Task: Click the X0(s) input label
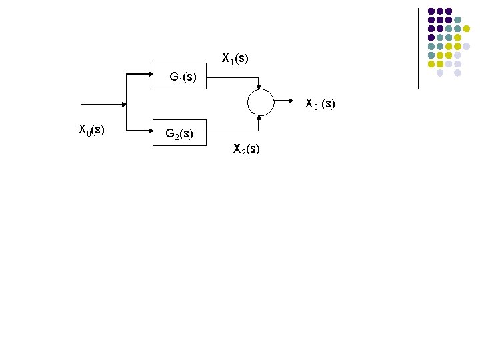pos(91,129)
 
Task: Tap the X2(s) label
pos(246,149)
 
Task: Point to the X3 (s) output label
pos(320,104)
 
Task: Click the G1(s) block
pos(180,76)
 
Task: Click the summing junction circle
pos(260,103)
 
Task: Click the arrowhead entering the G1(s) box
pos(150,75)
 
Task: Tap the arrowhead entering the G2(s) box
pos(150,131)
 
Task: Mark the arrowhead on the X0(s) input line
pos(123,105)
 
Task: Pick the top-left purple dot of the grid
pos(431,11)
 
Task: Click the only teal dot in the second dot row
pos(458,20)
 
